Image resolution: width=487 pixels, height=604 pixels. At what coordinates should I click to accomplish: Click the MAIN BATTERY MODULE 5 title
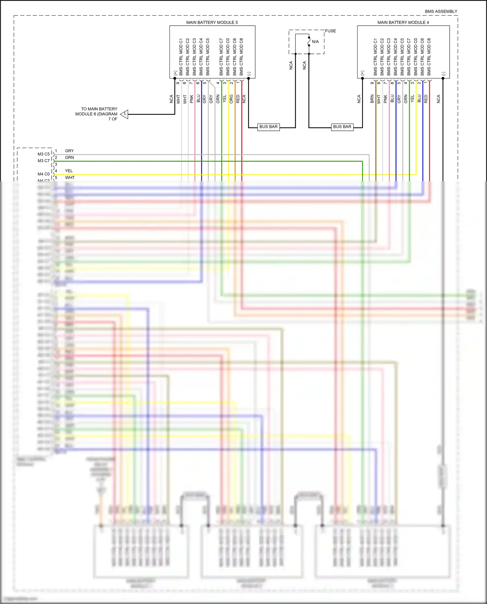click(212, 22)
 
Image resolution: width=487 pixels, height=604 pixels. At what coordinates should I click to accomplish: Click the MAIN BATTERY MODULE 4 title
click(403, 22)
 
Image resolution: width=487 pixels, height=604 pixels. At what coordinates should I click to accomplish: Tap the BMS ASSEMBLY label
click(441, 11)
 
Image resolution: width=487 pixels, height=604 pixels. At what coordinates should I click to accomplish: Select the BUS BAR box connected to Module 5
click(268, 127)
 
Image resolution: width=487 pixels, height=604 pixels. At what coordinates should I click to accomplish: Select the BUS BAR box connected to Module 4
click(342, 127)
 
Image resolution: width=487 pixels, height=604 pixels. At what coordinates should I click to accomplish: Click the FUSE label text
click(331, 31)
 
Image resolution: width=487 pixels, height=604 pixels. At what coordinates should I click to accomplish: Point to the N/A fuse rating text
click(315, 42)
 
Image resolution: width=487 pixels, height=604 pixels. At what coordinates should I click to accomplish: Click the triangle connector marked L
click(125, 114)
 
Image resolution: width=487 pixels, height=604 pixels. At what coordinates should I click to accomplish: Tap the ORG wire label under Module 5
click(231, 99)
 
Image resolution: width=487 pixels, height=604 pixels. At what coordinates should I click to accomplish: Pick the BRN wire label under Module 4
click(372, 99)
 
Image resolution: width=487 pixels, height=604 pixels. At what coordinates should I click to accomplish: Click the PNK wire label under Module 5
click(192, 99)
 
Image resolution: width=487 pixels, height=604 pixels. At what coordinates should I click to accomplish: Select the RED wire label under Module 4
click(426, 99)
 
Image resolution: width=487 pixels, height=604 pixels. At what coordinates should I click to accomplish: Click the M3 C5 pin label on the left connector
click(44, 154)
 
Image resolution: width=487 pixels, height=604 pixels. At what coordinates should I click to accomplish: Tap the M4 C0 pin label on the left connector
click(44, 174)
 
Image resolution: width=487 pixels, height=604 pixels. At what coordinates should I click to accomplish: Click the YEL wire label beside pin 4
click(69, 171)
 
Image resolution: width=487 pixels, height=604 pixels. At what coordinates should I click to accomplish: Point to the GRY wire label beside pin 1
click(69, 151)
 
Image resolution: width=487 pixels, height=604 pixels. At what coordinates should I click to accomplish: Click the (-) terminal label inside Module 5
click(249, 73)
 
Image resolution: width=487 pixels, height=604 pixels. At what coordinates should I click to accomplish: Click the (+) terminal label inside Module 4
click(363, 73)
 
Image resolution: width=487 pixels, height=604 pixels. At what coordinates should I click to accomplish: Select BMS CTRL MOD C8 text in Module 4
click(429, 57)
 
